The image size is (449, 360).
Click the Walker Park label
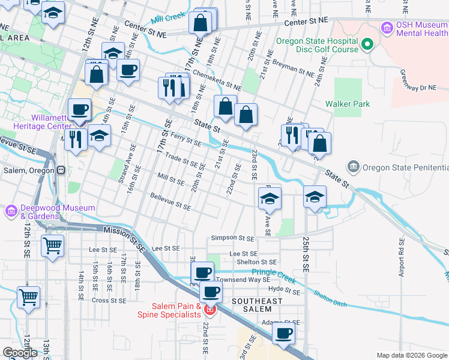pyautogui.click(x=348, y=104)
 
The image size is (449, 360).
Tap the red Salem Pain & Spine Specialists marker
pyautogui.click(x=209, y=310)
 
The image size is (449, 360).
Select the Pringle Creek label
pyautogui.click(x=290, y=275)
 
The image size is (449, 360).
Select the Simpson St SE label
pyautogui.click(x=232, y=238)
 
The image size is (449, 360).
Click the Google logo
pyautogui.click(x=20, y=353)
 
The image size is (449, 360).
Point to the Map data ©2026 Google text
pyautogui.click(x=412, y=355)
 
